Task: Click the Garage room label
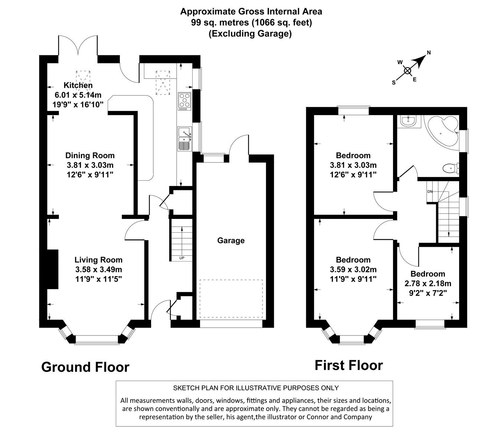(x=231, y=240)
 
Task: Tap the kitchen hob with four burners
(x=184, y=101)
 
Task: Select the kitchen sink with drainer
(x=184, y=138)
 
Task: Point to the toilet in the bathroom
(x=451, y=168)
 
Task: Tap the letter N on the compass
(x=429, y=53)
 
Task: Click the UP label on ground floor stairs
(x=181, y=258)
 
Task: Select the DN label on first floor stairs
(x=430, y=192)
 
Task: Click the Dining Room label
(x=90, y=155)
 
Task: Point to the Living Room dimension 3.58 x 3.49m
(x=98, y=269)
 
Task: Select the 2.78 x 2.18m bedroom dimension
(x=428, y=283)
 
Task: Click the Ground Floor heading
(x=85, y=367)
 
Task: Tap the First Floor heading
(x=348, y=365)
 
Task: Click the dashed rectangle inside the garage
(x=231, y=299)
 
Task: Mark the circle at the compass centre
(x=407, y=71)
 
